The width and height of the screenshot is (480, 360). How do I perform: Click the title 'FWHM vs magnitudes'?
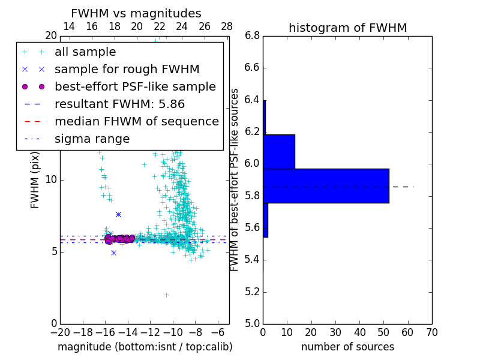(136, 13)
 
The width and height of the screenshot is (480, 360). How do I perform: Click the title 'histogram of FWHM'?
(347, 28)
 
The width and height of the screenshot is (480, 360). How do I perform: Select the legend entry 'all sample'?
(85, 52)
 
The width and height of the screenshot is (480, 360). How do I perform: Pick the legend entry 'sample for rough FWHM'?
(127, 69)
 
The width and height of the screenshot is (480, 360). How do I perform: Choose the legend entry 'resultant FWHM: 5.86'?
(119, 104)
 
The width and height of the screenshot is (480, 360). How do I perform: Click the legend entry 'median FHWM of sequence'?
(136, 121)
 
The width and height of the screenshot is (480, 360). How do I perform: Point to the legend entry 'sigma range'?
(92, 139)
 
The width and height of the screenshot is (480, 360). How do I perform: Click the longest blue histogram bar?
(326, 186)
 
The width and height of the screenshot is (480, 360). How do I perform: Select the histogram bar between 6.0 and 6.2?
(279, 152)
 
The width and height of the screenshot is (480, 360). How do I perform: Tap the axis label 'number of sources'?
(347, 347)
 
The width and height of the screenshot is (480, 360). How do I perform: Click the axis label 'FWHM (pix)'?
(35, 180)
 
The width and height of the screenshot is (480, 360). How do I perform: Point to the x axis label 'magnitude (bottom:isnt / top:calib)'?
(145, 347)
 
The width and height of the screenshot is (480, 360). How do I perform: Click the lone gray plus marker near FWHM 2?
(166, 295)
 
